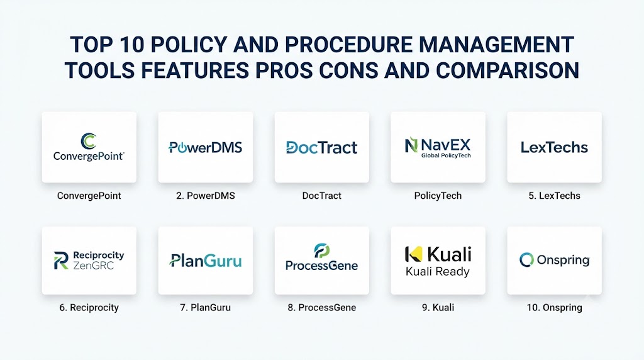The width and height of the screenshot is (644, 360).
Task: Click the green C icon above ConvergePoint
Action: pyautogui.click(x=88, y=141)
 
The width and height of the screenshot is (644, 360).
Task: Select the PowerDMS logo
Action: pyautogui.click(x=206, y=147)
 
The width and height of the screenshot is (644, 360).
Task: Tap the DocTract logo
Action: pyautogui.click(x=321, y=147)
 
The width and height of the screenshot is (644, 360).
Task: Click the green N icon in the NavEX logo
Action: pyautogui.click(x=411, y=145)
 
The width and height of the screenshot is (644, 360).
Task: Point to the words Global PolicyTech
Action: pyautogui.click(x=446, y=155)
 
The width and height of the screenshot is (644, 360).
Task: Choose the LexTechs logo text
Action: pyautogui.click(x=555, y=147)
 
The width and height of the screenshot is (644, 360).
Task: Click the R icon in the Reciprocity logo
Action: pyautogui.click(x=61, y=261)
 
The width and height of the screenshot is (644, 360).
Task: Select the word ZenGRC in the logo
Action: pyautogui.click(x=93, y=266)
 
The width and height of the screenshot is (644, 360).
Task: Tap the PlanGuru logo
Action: pyautogui.click(x=206, y=261)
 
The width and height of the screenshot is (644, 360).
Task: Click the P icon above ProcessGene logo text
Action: pyautogui.click(x=321, y=250)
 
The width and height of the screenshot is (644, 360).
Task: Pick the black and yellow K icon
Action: pyautogui.click(x=413, y=254)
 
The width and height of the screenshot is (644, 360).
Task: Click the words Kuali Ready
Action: pyautogui.click(x=438, y=272)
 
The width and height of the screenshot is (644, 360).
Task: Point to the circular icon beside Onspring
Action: pyautogui.click(x=526, y=260)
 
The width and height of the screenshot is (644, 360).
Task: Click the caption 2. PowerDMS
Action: pyautogui.click(x=206, y=196)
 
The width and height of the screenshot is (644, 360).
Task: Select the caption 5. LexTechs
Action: pyautogui.click(x=555, y=196)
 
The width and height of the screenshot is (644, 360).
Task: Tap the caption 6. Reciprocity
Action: pyautogui.click(x=89, y=307)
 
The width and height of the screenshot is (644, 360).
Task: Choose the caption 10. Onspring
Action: pyautogui.click(x=555, y=307)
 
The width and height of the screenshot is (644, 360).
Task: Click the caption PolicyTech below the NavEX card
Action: pyautogui.click(x=438, y=196)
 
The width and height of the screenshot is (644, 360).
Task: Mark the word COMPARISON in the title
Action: pyautogui.click(x=508, y=70)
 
